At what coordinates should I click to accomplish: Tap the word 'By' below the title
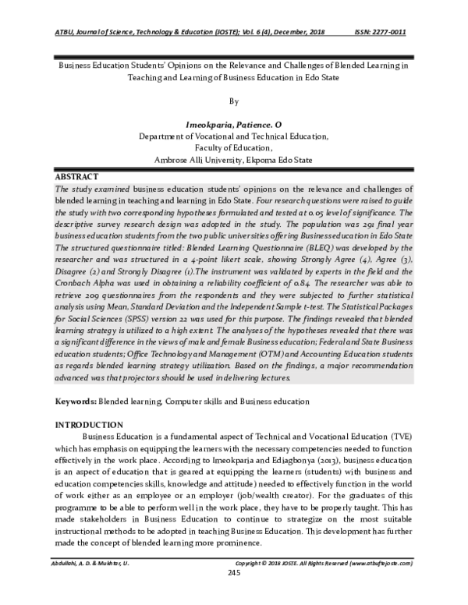pos(233,101)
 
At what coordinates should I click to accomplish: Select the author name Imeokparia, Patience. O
pos(233,124)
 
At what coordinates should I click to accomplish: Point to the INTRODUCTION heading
pos(87,424)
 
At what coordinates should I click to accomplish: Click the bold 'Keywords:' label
pos(75,401)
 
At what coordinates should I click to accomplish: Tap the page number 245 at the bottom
pos(233,596)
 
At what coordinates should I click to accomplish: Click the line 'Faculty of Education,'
pos(233,147)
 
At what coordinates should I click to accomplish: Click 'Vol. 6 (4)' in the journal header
pos(247,32)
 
